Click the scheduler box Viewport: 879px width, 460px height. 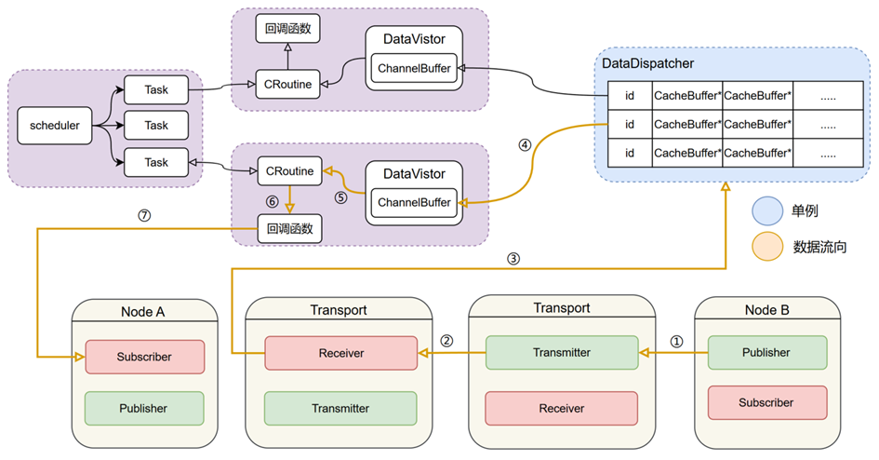click(x=55, y=125)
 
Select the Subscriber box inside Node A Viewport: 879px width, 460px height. click(x=144, y=357)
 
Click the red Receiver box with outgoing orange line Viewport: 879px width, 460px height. click(x=340, y=353)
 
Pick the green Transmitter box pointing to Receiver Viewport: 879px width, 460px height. click(x=561, y=353)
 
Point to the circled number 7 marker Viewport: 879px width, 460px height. click(x=143, y=215)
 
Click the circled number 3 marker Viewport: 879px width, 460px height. click(x=513, y=259)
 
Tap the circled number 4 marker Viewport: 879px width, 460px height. click(x=525, y=145)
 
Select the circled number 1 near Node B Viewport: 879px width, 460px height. click(x=676, y=341)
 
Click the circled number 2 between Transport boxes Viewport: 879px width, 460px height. click(x=446, y=341)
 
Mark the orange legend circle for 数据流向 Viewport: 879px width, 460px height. click(x=768, y=247)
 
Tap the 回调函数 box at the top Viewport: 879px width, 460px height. click(x=288, y=29)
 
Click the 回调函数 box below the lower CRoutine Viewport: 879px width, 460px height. click(x=288, y=228)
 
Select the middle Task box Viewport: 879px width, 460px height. click(x=156, y=125)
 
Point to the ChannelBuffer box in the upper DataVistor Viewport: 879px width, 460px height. click(x=414, y=68)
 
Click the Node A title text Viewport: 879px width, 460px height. click(x=144, y=311)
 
